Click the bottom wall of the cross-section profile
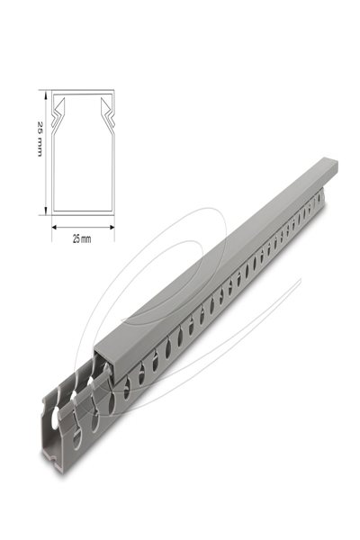coord(81,214)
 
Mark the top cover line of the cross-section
coord(81,93)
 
